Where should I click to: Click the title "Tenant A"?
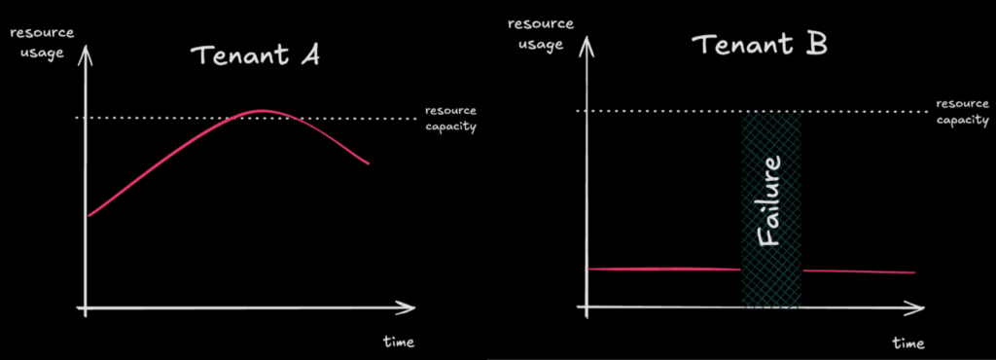coord(255,54)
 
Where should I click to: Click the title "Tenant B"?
coord(760,45)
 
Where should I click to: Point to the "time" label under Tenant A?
coord(399,342)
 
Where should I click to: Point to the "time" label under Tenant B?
coord(908,343)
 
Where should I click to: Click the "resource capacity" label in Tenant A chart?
coord(450,118)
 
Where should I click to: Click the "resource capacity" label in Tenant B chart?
coord(963,112)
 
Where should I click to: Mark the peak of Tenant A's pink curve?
coord(262,111)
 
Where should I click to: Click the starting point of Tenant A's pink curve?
coord(89,216)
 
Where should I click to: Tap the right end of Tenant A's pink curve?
coord(368,163)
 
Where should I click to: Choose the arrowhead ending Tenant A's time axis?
coord(408,309)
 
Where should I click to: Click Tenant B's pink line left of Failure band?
coord(665,270)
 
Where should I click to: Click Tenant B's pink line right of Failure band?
coord(859,271)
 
